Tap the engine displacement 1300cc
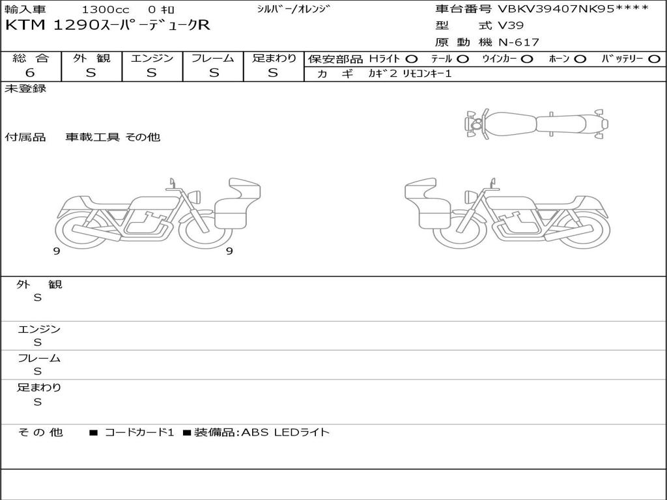tap(106, 9)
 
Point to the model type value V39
tap(511, 25)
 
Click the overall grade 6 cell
tap(30, 72)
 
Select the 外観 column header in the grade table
tap(91, 58)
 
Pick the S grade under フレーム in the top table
tap(214, 73)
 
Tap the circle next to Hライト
tap(412, 59)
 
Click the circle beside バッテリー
tap(654, 59)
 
